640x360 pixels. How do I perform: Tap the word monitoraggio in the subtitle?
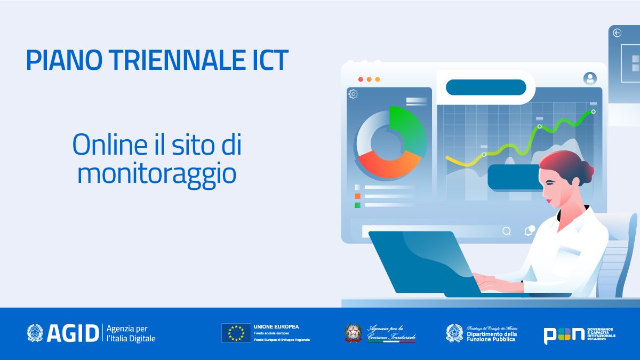click(x=156, y=174)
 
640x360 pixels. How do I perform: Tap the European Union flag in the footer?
click(x=236, y=333)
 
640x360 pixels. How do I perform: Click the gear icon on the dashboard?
click(x=353, y=94)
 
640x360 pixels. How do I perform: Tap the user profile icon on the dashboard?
click(x=590, y=78)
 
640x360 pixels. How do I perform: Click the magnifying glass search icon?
click(x=507, y=231)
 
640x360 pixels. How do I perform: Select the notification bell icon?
click(x=529, y=231)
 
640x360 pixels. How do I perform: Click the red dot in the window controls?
click(x=361, y=79)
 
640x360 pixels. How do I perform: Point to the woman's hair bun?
click(x=586, y=170)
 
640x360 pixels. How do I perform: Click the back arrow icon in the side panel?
click(x=617, y=33)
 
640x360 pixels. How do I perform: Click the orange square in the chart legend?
click(x=357, y=196)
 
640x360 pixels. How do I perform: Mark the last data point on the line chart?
click(x=593, y=111)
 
